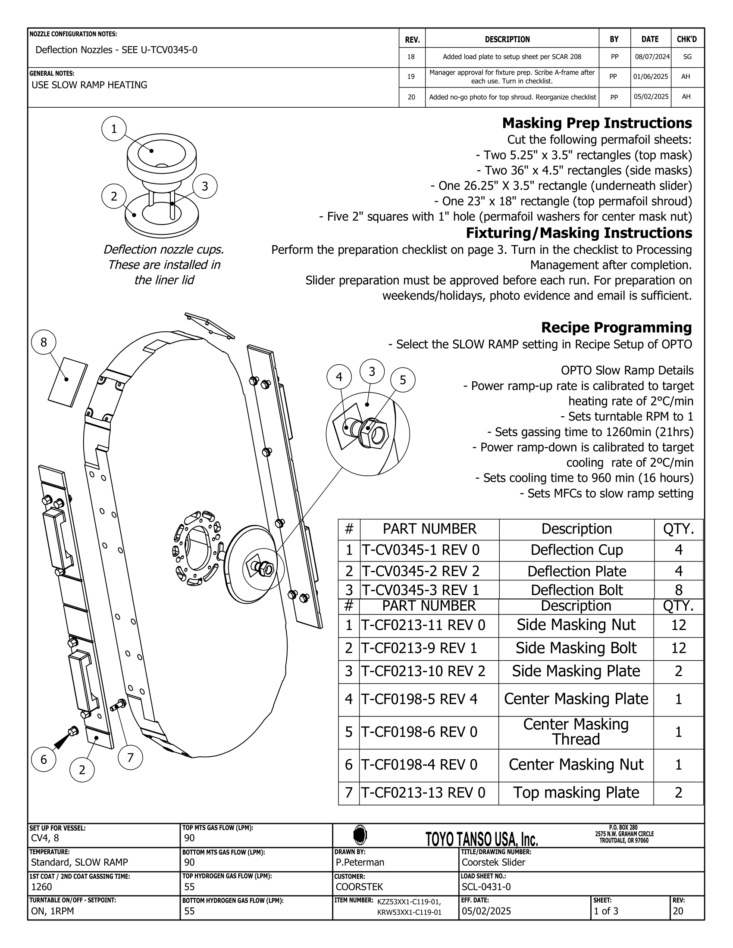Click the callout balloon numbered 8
pos(44,343)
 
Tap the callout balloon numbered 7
pos(130,758)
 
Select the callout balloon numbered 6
pos(44,759)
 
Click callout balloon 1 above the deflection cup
pos(114,129)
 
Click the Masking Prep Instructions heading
pos(597,123)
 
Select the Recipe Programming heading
pos(616,327)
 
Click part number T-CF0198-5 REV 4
pos(420,699)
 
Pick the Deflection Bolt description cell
pos(576,590)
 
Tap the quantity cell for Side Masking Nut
pos(678,625)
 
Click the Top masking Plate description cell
pos(576,792)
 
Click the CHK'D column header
pos(686,39)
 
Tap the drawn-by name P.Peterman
pos(360,862)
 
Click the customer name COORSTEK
pos(359,886)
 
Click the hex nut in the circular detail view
pos(373,433)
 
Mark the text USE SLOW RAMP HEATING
pos(89,85)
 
